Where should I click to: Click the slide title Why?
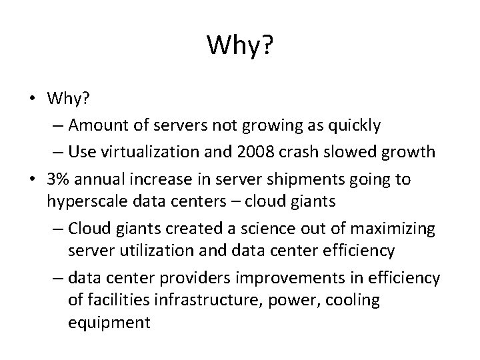(x=239, y=45)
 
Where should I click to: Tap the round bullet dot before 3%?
(x=32, y=180)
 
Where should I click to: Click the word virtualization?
(x=154, y=151)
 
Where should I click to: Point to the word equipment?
(x=109, y=323)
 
